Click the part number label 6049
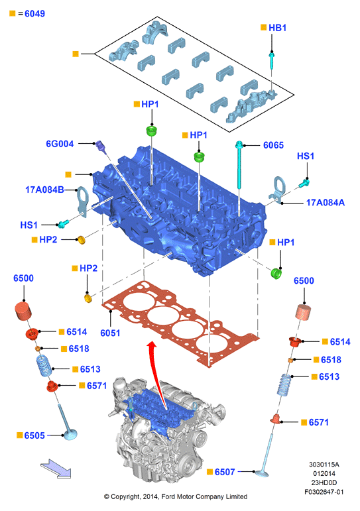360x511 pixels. coord(34,14)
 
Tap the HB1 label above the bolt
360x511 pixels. coord(278,28)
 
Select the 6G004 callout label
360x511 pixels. coord(60,144)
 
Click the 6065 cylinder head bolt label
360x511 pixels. coord(273,145)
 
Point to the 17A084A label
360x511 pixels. coord(325,203)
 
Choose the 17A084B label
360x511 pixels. coord(44,190)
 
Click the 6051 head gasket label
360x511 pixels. coord(110,333)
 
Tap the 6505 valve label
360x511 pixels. coord(34,435)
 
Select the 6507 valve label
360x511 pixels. coord(225,472)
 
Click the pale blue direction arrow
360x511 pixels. coord(56,469)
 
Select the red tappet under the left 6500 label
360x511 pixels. coord(23,312)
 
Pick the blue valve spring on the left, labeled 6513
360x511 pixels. coord(44,366)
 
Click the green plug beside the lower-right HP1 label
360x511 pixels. coord(276,274)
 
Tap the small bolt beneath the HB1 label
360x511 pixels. coord(271,60)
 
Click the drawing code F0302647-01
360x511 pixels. coord(324,492)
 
